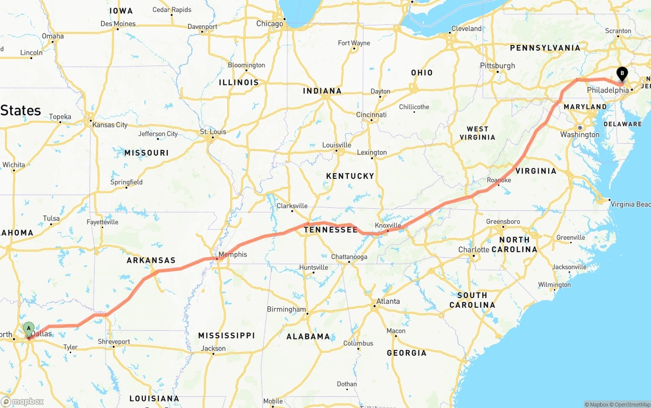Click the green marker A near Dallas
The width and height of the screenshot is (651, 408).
point(28,328)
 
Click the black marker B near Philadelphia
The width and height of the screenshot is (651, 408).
point(622,74)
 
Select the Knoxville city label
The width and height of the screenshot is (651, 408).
point(388,225)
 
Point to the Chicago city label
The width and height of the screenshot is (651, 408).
point(270,24)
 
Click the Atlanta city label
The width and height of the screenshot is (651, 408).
point(388,301)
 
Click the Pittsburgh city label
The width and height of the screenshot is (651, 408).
point(497,66)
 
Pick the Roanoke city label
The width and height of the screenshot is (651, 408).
point(499,180)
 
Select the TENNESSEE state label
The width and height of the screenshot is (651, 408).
point(331,230)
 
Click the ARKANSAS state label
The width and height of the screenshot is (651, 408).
point(151,260)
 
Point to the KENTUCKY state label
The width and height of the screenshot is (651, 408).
point(350,176)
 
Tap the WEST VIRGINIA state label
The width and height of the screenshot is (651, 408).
point(477,133)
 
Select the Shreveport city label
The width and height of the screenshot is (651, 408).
point(114,342)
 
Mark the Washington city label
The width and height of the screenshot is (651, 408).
point(580,135)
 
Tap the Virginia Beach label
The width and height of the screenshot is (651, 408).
point(630,204)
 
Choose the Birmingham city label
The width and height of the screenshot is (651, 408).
point(286,309)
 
